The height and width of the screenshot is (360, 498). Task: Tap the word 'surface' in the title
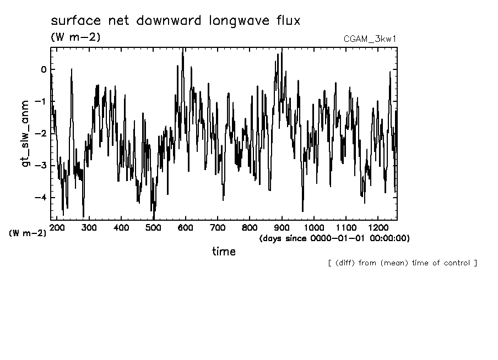coord(72,21)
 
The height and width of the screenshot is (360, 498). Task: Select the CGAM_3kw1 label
coord(369,39)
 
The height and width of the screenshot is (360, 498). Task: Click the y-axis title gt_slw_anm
coord(25,134)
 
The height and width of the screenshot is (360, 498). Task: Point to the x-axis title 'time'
coord(224,252)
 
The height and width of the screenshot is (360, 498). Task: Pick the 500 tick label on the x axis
coord(154,227)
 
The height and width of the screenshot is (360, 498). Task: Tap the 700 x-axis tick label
coord(218,227)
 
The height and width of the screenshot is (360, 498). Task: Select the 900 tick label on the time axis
coord(282,227)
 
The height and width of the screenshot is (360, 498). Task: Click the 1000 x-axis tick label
coord(313,227)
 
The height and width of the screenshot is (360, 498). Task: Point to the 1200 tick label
coord(377,227)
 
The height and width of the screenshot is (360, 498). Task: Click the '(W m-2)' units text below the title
coord(75,37)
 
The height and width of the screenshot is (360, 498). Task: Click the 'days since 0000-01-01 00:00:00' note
coord(334,238)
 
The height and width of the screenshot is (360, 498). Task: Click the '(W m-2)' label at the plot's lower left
coord(28,233)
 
